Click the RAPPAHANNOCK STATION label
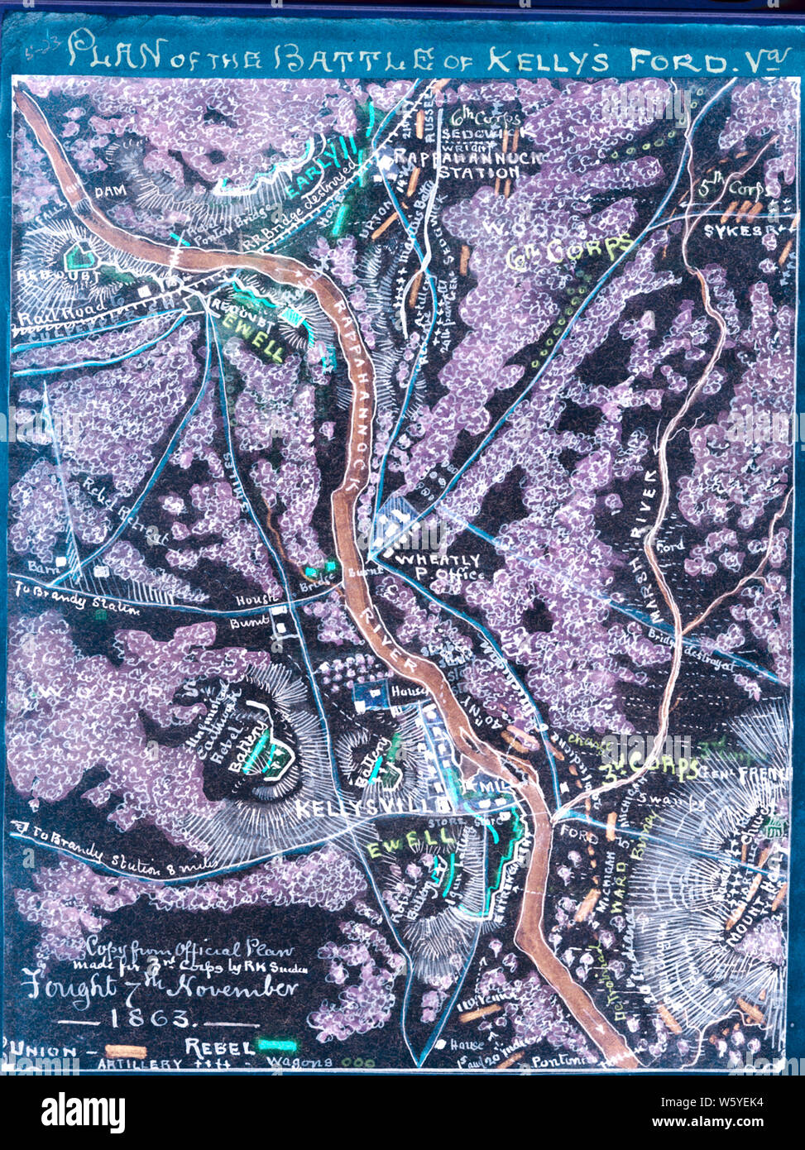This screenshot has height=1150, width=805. pyautogui.click(x=456, y=165)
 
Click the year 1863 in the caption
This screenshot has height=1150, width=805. pyautogui.click(x=156, y=1018)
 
